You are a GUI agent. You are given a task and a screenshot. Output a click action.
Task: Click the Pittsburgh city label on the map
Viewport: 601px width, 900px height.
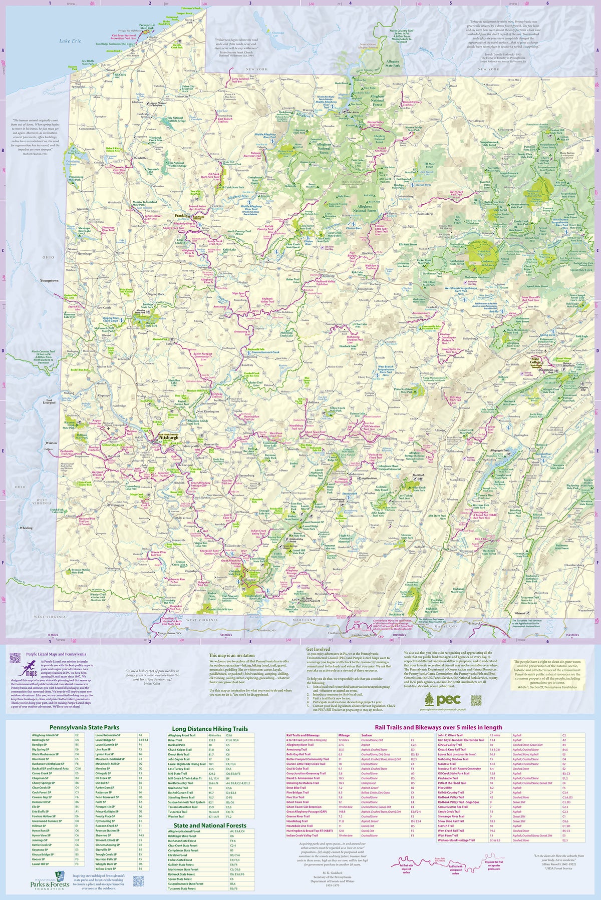tap(168, 437)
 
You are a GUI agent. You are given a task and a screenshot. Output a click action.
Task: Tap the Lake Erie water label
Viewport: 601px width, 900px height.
tap(69, 41)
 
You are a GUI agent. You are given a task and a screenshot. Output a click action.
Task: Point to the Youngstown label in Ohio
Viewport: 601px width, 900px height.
tap(49, 280)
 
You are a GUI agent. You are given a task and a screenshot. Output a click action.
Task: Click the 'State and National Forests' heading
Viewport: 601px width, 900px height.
tap(210, 825)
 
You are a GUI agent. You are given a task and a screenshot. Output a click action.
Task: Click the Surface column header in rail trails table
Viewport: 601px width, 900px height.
tap(367, 735)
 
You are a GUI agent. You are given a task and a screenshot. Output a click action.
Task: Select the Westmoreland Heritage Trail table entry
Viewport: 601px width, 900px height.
tap(456, 840)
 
